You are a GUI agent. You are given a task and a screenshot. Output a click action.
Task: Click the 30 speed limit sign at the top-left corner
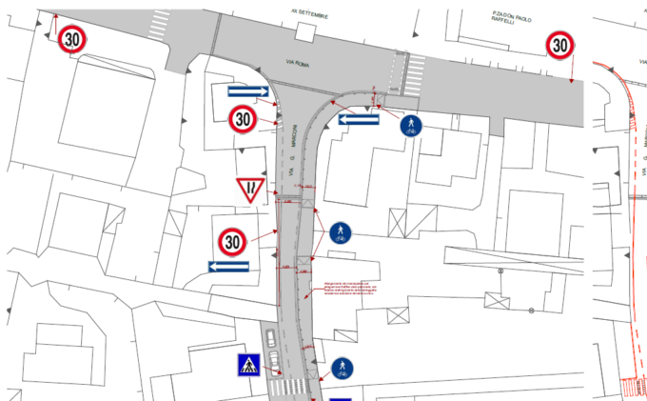[x=73, y=39]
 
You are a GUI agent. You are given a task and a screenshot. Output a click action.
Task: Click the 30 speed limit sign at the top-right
[x=560, y=45]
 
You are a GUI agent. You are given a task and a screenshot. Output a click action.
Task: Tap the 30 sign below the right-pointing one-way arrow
[x=244, y=119]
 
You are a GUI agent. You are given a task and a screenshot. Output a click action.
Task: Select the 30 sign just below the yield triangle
[x=232, y=241]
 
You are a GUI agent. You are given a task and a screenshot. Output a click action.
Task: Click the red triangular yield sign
[x=249, y=190]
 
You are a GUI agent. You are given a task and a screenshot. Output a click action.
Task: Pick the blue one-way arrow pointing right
[x=248, y=91]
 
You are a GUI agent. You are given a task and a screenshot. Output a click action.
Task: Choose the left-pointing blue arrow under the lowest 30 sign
[x=228, y=266]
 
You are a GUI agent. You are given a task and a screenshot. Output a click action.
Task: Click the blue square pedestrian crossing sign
[x=249, y=364]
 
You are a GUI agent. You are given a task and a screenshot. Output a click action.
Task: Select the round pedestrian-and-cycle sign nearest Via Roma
[x=411, y=125]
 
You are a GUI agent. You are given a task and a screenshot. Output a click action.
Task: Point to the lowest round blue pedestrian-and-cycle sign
[x=343, y=368]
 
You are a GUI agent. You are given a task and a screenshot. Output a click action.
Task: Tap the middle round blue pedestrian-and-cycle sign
[x=341, y=231]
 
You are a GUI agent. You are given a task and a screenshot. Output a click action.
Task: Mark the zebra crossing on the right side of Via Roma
[x=416, y=72]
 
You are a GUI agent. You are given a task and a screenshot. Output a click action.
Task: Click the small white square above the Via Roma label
[x=304, y=32]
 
